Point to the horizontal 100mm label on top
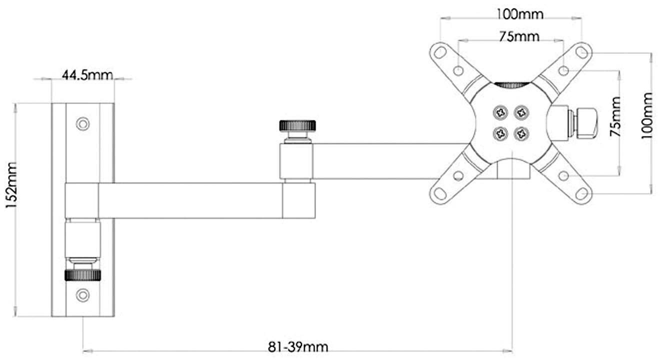tap(519, 14)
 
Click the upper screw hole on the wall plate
tap(82, 123)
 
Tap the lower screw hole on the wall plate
tap(82, 295)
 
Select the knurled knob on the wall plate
tap(82, 274)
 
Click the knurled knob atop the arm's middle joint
tap(297, 124)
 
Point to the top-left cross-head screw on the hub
tap(499, 111)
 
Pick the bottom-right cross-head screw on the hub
tap(522, 133)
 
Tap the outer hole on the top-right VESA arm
tap(581, 51)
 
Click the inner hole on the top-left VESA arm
tap(458, 70)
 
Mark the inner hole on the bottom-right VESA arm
tap(563, 175)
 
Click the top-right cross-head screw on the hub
tap(522, 111)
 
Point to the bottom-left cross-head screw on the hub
tap(499, 133)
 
